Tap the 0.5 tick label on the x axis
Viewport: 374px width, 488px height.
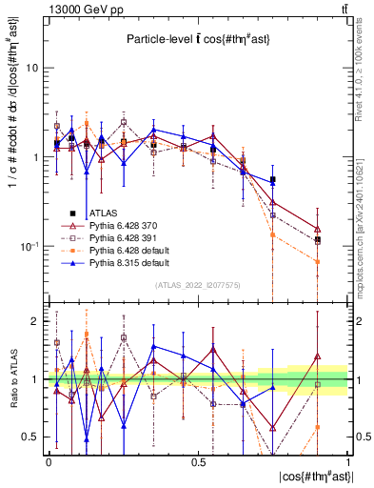tap(198, 461)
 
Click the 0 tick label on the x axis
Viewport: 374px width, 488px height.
tap(49, 461)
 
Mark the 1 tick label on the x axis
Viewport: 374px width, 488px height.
tap(347, 461)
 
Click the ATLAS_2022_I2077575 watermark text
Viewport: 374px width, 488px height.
tap(199, 285)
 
